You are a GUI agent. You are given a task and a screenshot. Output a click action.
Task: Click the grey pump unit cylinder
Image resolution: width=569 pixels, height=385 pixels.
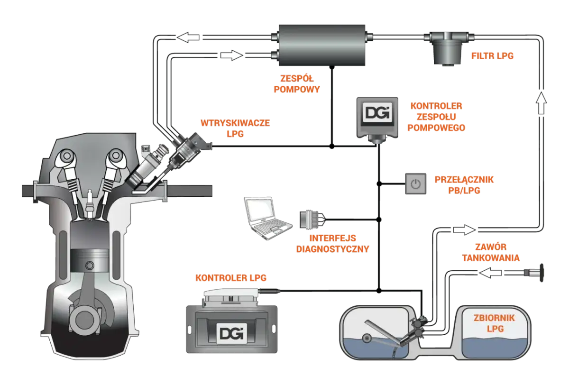click(322, 45)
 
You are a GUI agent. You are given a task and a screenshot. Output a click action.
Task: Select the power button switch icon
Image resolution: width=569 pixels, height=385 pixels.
click(416, 183)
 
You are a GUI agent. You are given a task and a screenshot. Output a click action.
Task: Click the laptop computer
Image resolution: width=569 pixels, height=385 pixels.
click(264, 216)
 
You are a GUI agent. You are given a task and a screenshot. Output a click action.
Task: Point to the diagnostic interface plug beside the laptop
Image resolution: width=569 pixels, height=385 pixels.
click(309, 219)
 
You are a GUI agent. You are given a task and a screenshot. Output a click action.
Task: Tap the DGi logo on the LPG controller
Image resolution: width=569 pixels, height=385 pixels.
click(231, 332)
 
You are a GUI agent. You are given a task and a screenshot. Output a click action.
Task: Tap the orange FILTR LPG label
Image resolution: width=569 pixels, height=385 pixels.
click(493, 55)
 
